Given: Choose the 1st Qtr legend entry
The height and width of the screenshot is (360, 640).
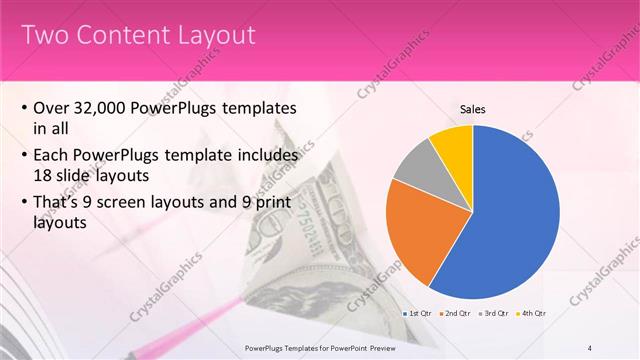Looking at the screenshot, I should (x=417, y=314).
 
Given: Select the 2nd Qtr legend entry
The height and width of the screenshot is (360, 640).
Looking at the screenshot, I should (x=457, y=314).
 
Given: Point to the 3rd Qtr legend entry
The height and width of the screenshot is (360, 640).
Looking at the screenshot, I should (x=495, y=314).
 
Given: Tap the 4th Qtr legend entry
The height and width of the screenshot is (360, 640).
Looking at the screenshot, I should (x=533, y=314).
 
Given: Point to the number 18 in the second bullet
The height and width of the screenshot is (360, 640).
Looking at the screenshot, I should (x=42, y=176).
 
